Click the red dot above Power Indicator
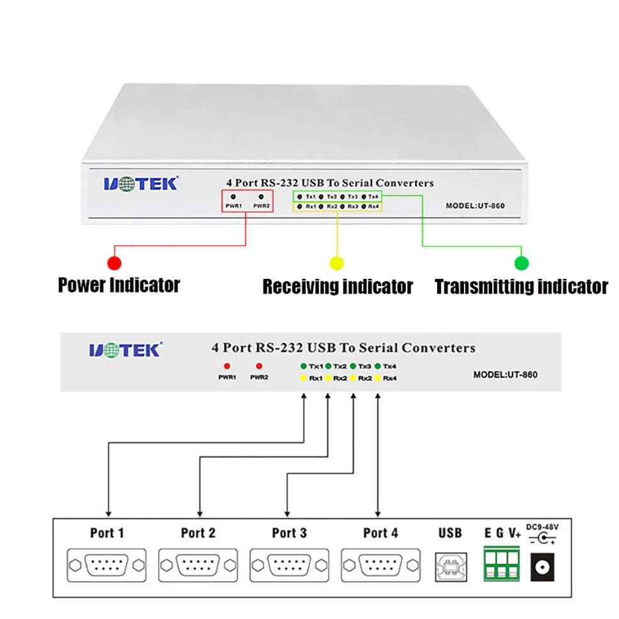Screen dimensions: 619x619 [x=115, y=262]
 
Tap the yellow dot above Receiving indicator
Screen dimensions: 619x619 [x=336, y=262]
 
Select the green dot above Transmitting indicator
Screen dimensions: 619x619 [x=521, y=262]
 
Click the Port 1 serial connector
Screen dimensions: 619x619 [x=106, y=565]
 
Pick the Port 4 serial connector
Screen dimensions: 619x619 [x=380, y=565]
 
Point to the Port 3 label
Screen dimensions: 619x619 [x=289, y=533]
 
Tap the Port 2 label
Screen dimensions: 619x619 [x=198, y=533]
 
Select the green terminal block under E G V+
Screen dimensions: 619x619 [x=502, y=562]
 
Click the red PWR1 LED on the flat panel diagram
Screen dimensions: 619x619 [x=227, y=366]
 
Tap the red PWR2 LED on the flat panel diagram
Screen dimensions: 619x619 [x=258, y=366]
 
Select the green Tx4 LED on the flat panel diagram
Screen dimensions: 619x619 [x=378, y=366]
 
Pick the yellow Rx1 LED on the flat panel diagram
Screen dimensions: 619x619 [x=304, y=378]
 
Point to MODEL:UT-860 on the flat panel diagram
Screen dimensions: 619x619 [x=505, y=375]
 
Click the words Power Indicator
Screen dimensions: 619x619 [x=119, y=285]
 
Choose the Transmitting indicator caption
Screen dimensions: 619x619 [x=521, y=287]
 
